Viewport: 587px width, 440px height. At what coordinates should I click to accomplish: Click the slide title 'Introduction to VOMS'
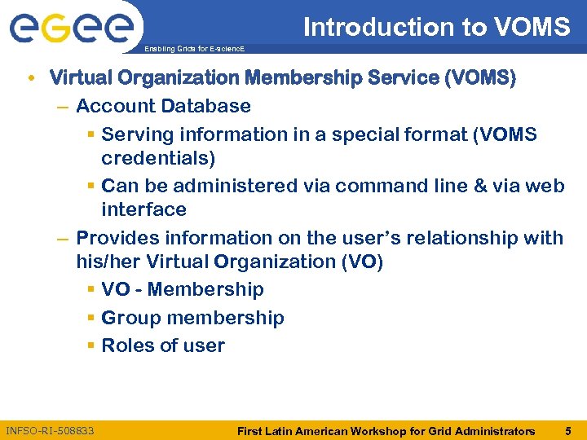tap(436, 27)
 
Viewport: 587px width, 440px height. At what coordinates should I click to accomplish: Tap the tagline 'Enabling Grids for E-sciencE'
tap(194, 50)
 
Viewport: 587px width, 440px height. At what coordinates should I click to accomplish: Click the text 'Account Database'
tap(163, 106)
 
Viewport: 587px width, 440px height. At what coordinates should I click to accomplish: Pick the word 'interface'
tap(143, 209)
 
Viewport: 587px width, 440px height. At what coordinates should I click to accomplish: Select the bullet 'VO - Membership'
tap(183, 289)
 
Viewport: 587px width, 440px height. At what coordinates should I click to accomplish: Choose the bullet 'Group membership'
tap(192, 318)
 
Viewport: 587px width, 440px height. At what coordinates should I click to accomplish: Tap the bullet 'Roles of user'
tap(163, 345)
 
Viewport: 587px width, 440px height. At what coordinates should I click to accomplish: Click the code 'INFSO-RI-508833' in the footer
tap(50, 430)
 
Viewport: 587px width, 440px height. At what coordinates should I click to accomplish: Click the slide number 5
tap(567, 430)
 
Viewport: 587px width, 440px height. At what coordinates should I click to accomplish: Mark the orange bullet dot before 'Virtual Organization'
tap(30, 79)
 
